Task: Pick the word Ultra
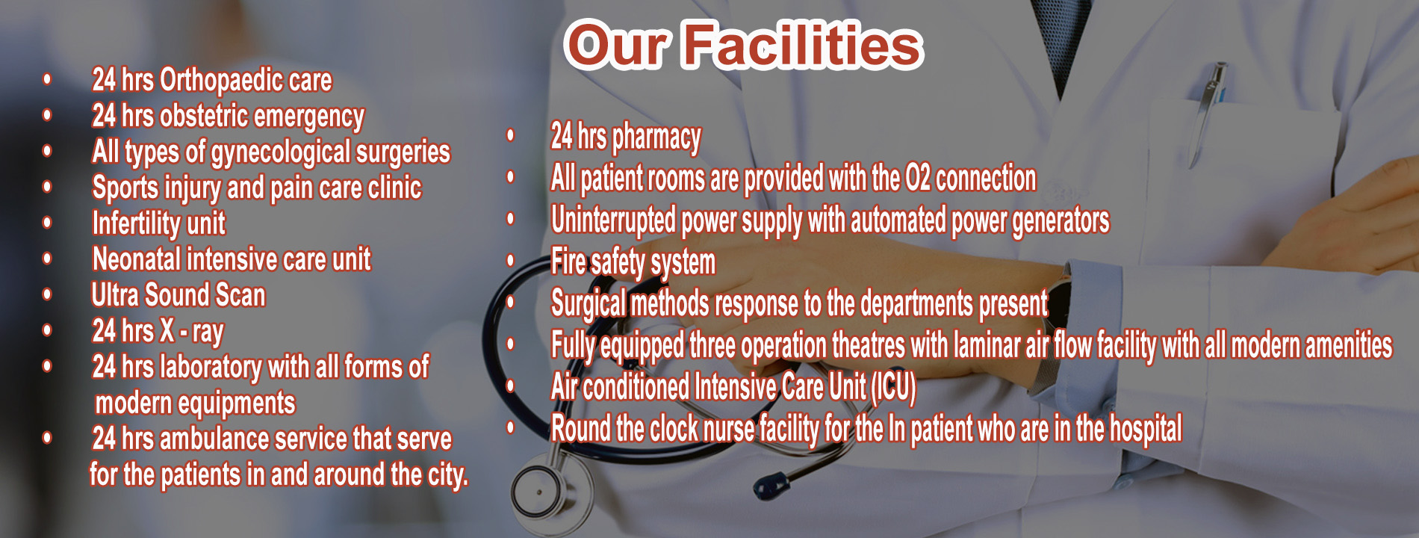point(115,295)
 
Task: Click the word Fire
point(568,262)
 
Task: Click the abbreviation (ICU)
point(893,388)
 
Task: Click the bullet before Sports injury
point(48,187)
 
